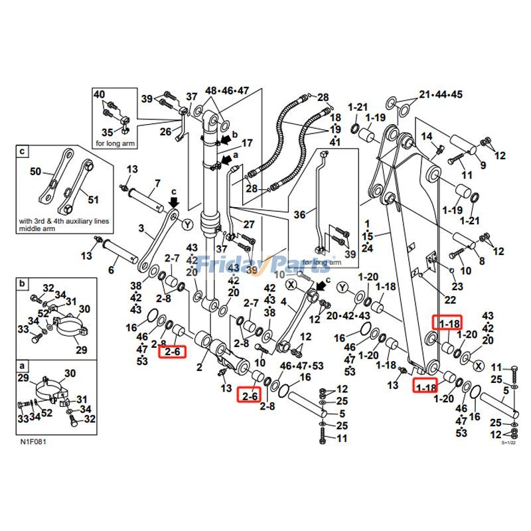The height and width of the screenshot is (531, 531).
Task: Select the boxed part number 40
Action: pyautogui.click(x=100, y=95)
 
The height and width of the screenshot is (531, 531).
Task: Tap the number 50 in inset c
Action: pyautogui.click(x=35, y=172)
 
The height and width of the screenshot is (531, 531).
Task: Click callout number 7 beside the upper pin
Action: pyautogui.click(x=157, y=183)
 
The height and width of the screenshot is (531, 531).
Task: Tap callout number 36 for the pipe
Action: pyautogui.click(x=300, y=214)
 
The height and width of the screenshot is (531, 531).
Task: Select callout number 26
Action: pyautogui.click(x=166, y=131)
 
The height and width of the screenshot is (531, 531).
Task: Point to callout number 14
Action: pyautogui.click(x=427, y=137)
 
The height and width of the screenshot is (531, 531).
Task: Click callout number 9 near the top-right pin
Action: pyautogui.click(x=483, y=165)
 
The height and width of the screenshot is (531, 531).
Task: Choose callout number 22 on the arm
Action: pyautogui.click(x=450, y=300)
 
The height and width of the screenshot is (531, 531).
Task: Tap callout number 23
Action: pyautogui.click(x=457, y=287)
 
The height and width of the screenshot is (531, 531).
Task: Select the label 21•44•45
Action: pyautogui.click(x=440, y=94)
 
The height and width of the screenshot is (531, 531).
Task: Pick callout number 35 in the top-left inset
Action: pyautogui.click(x=107, y=133)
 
